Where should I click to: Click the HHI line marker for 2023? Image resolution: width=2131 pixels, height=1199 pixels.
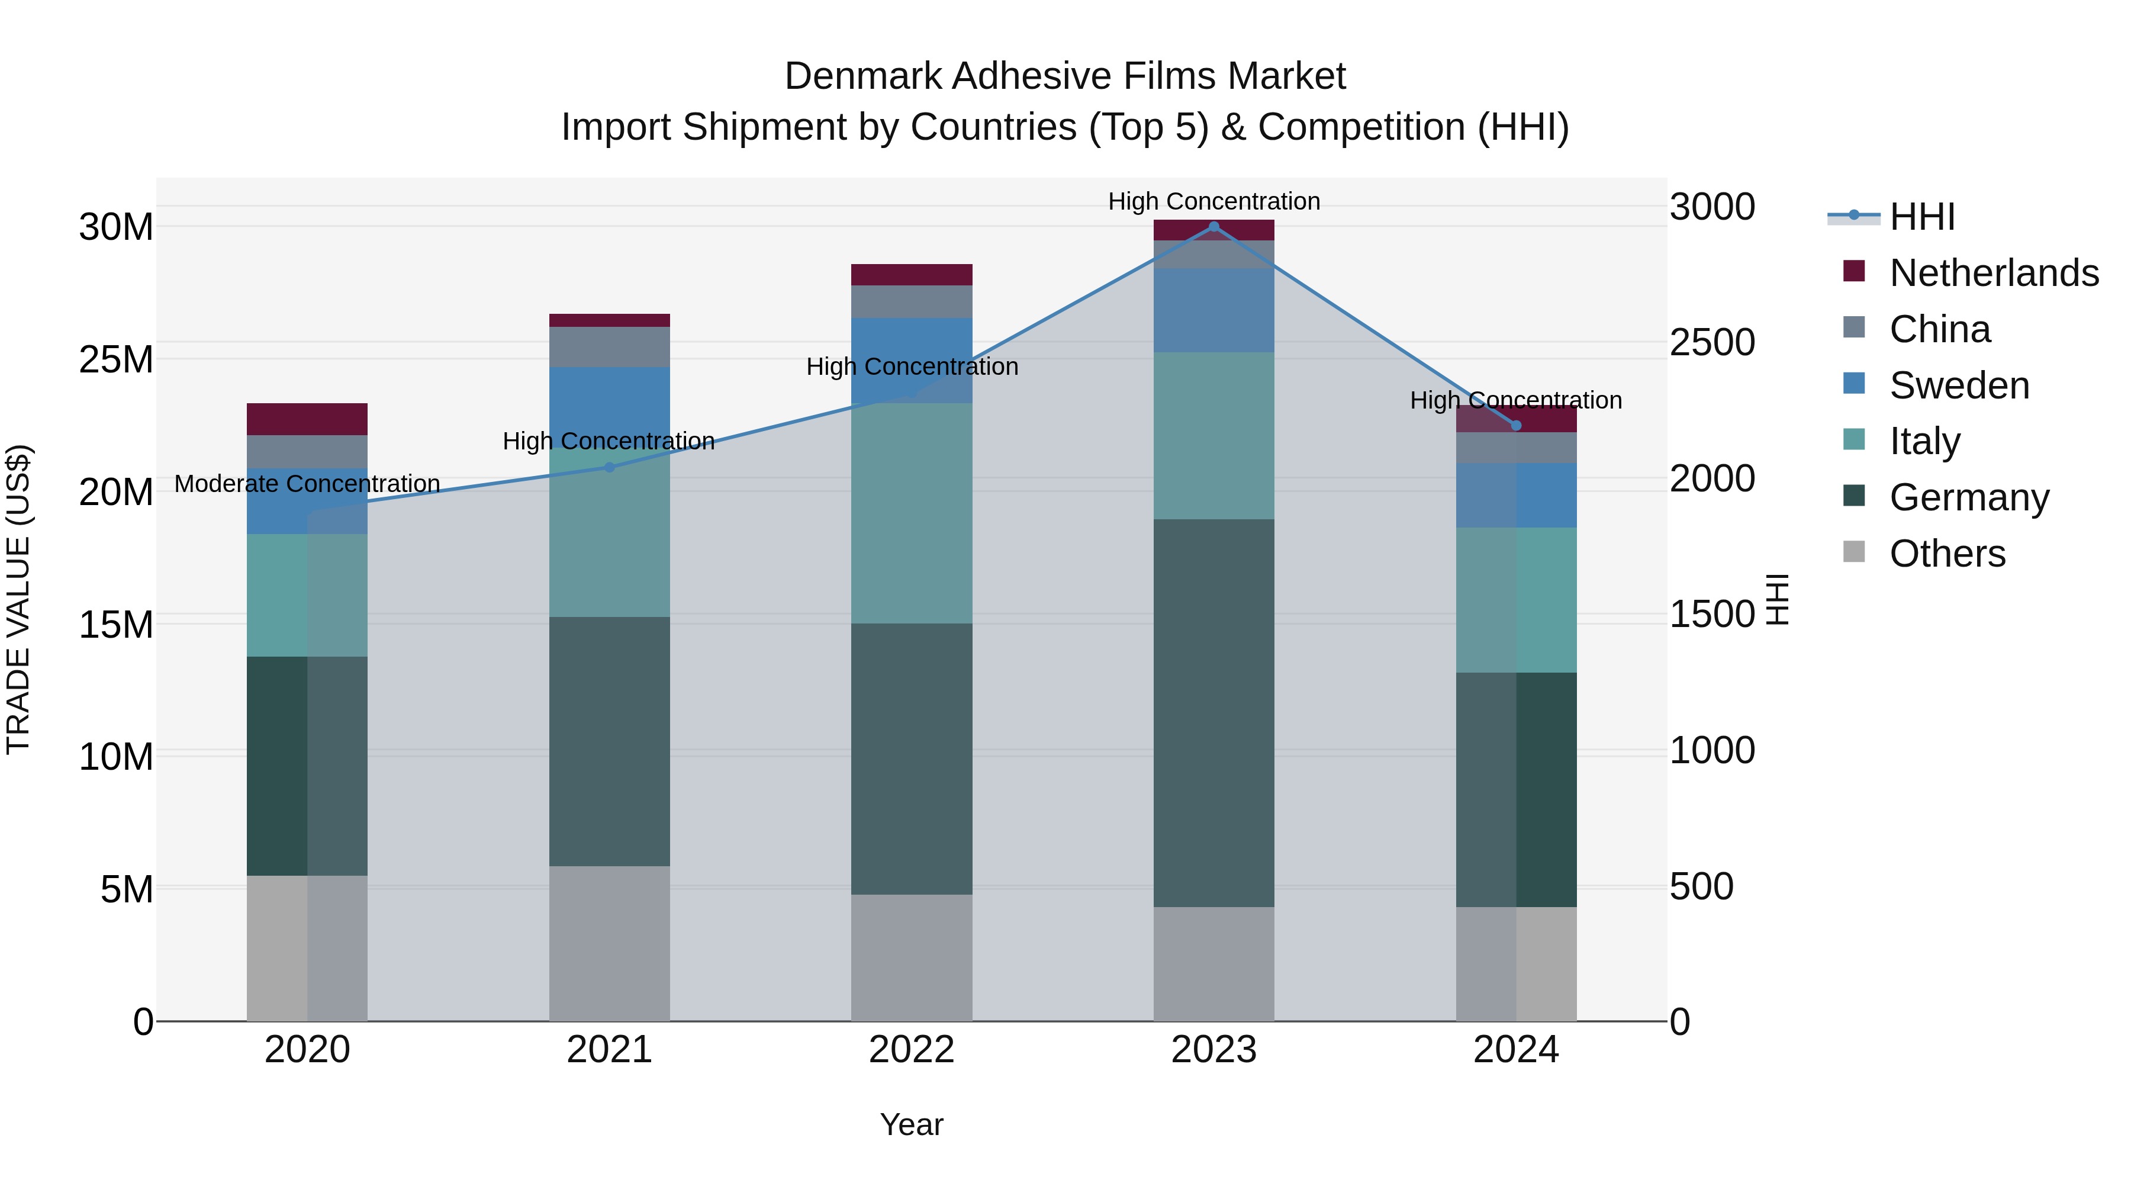[x=1213, y=227]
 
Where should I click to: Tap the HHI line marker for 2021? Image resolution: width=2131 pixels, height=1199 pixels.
[x=610, y=468]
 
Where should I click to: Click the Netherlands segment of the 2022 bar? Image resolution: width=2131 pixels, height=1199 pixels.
[x=912, y=275]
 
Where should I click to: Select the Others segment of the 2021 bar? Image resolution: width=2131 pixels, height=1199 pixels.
[x=610, y=943]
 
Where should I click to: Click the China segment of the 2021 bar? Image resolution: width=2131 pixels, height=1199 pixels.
[x=610, y=347]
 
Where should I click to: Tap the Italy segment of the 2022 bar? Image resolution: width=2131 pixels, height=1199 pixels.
[x=912, y=513]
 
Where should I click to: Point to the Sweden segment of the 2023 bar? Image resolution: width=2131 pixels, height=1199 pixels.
[x=1213, y=310]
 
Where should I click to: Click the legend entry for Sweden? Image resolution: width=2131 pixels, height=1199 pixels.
[x=1959, y=385]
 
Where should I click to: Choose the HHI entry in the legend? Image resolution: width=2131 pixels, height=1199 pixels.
[x=1921, y=217]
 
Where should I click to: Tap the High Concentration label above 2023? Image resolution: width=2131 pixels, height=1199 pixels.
[x=1213, y=201]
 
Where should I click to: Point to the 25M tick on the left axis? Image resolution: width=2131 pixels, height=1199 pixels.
[x=117, y=359]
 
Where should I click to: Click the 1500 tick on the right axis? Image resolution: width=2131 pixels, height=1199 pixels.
[x=1711, y=614]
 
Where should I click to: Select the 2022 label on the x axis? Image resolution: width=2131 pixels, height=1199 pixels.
[x=912, y=1050]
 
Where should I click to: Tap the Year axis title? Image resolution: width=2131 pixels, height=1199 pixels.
[x=912, y=1124]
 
